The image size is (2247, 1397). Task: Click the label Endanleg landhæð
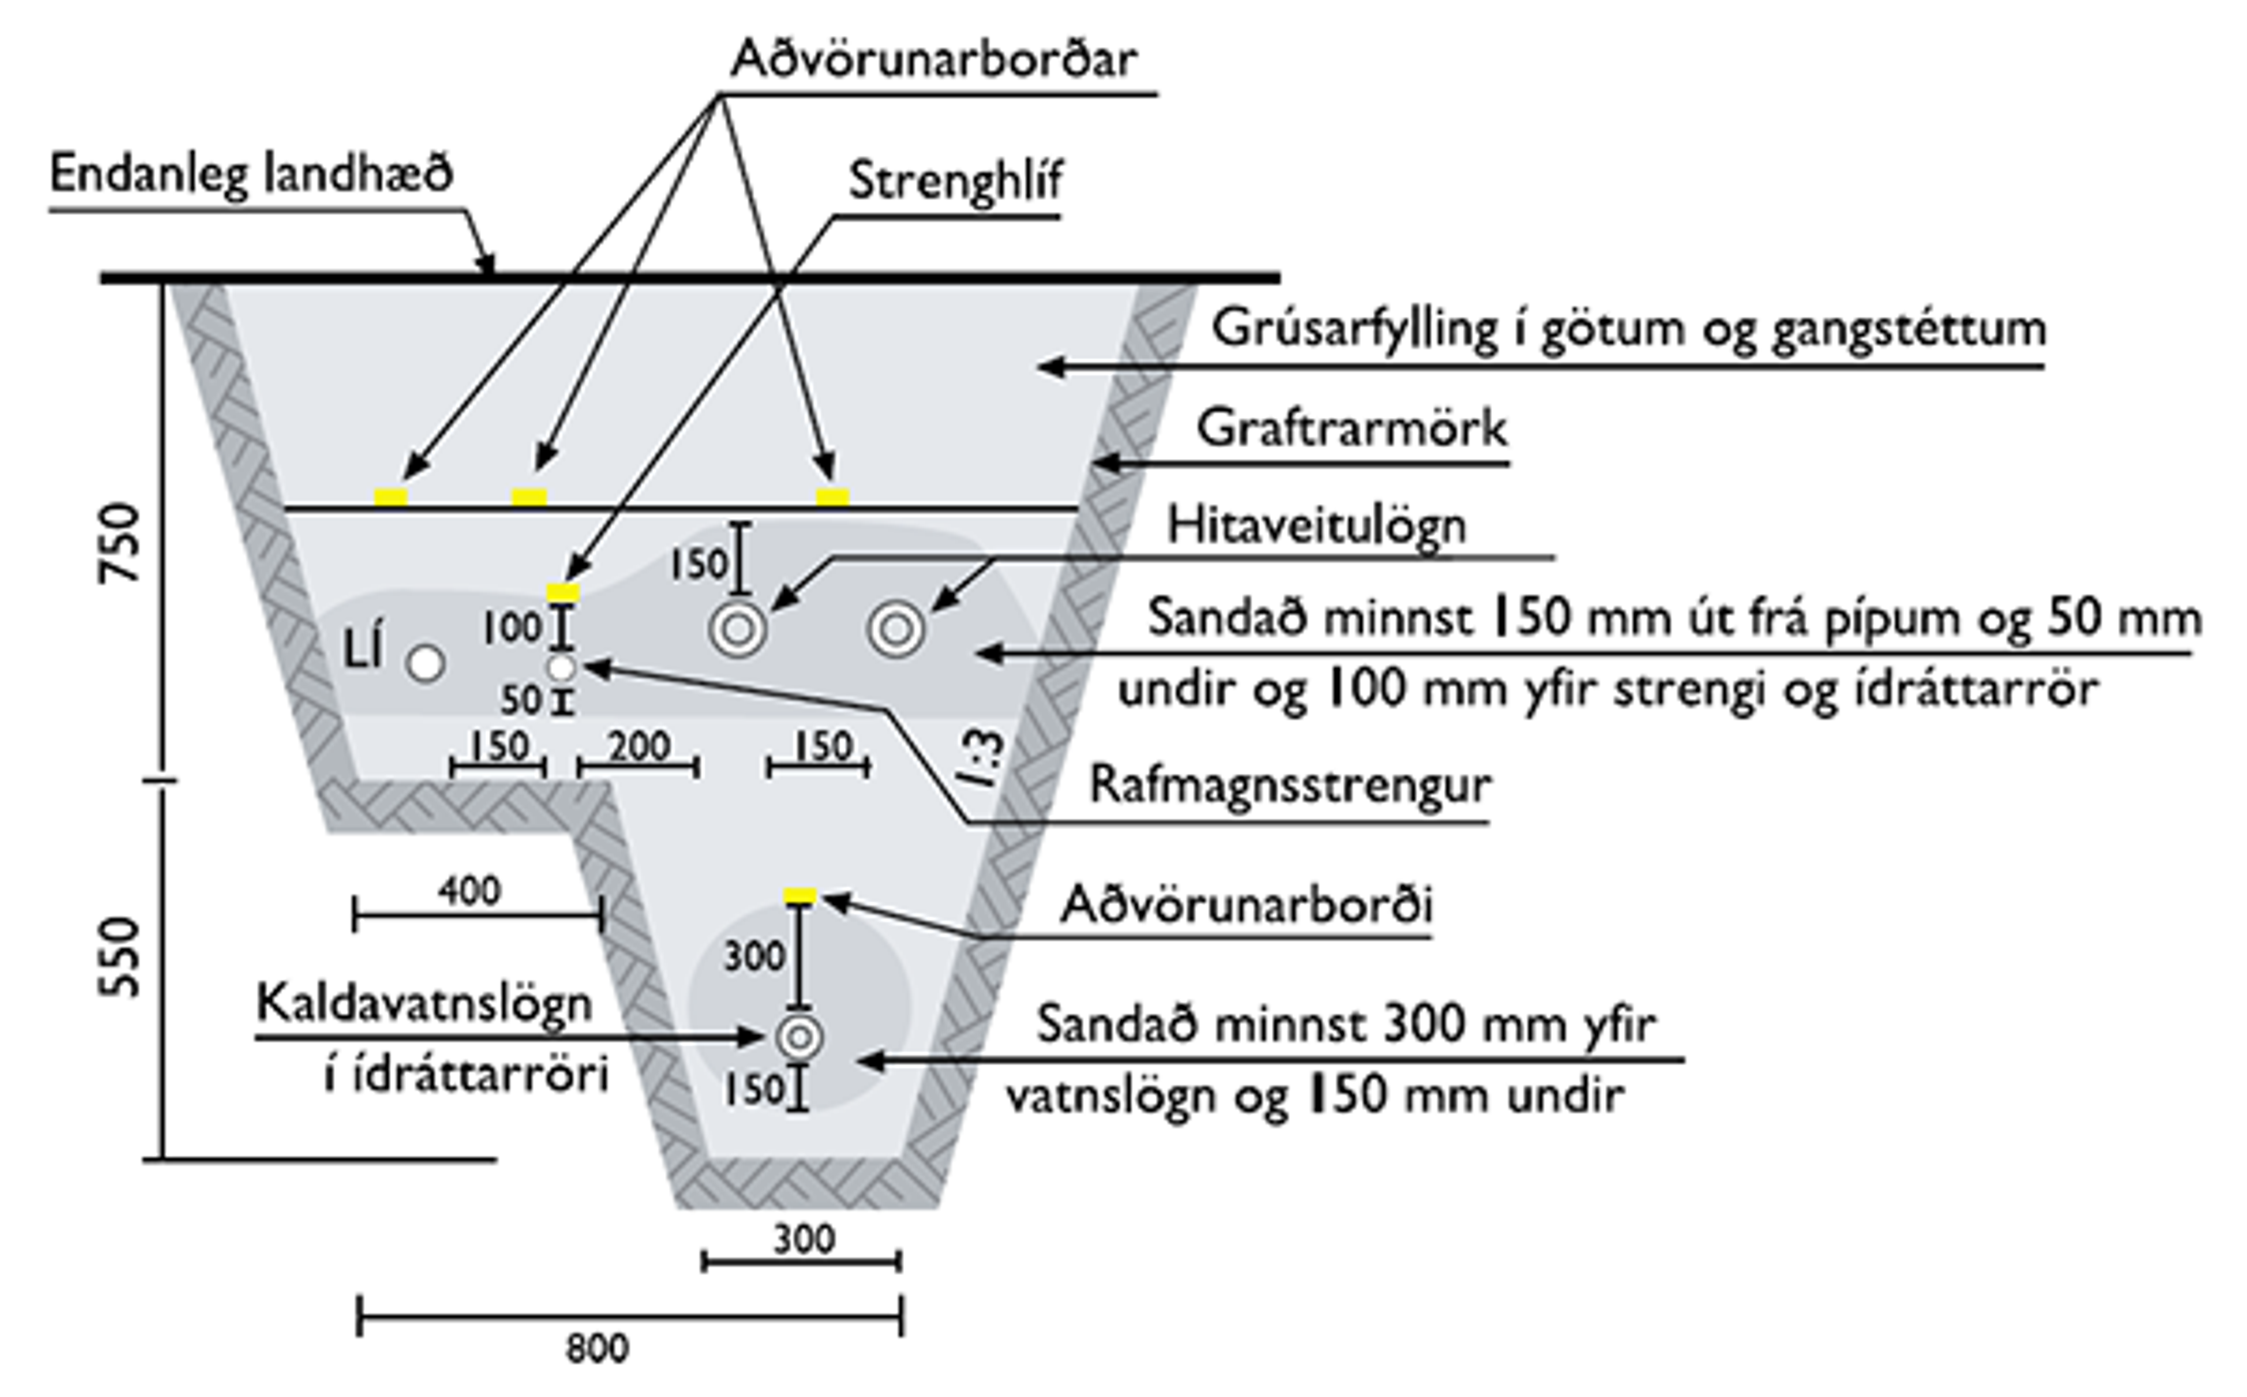(251, 174)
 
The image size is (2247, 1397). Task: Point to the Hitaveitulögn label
(1316, 526)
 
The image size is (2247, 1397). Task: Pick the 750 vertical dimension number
(120, 543)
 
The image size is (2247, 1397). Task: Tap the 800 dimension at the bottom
(597, 1349)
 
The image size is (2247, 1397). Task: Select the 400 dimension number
(469, 891)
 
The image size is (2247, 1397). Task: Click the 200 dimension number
(639, 746)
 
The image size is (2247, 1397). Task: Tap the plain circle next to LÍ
(426, 664)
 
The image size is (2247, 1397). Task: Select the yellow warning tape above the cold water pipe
(800, 894)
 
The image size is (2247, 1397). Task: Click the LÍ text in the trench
(363, 650)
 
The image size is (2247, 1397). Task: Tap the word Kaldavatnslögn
(424, 1003)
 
